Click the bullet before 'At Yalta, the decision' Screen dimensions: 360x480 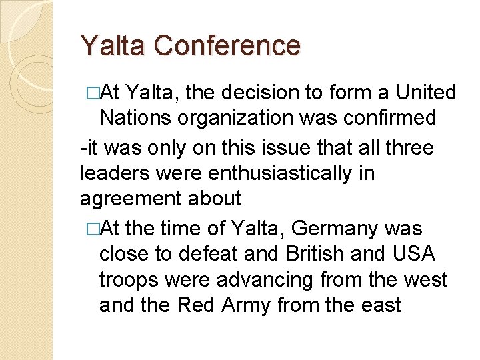tap(87, 92)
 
